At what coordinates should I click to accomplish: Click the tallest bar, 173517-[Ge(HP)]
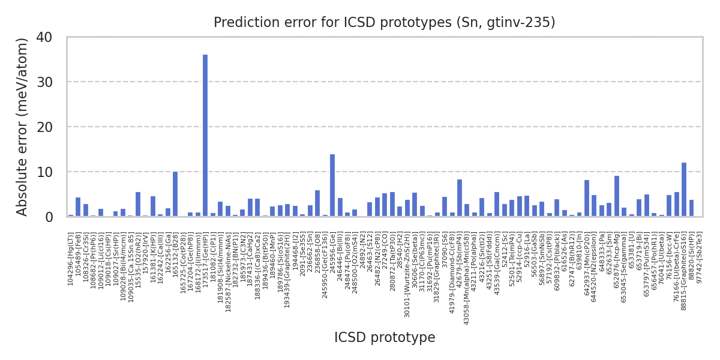205,136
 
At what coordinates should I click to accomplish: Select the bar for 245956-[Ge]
332,185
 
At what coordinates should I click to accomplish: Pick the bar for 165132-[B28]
175,194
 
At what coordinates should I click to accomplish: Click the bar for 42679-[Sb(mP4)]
460,198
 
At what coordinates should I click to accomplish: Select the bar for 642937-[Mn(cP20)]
587,198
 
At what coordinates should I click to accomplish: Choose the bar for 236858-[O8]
317,203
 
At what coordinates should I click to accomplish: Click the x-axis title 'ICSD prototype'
385,338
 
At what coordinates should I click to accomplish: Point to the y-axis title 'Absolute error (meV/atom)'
23,127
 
